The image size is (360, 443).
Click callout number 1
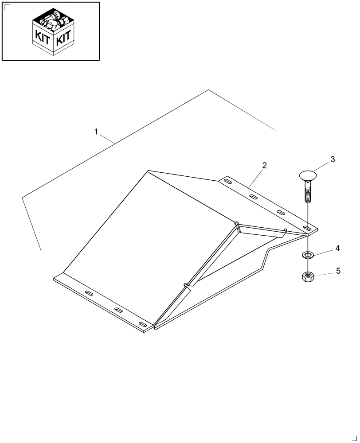[x=96, y=132]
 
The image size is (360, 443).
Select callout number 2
[x=264, y=166]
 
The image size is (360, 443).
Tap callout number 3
[x=332, y=159]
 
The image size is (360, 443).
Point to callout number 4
[x=337, y=249]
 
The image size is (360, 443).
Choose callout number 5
[x=338, y=271]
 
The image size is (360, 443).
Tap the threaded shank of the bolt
[x=306, y=191]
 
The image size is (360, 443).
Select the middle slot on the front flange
[x=118, y=310]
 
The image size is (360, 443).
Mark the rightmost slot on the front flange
[x=143, y=325]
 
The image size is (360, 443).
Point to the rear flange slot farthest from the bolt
[x=227, y=181]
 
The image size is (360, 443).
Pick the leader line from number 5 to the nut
[x=324, y=274]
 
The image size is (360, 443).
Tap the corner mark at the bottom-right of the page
[x=353, y=438]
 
